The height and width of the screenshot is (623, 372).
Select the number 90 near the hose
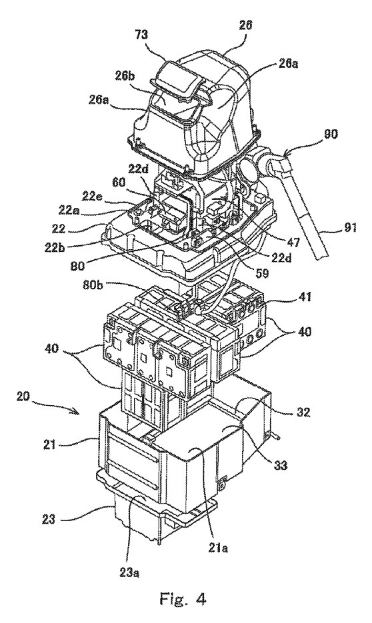tap(328, 135)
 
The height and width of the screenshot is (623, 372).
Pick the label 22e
tap(92, 195)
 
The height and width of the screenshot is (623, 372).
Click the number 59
tap(262, 274)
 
